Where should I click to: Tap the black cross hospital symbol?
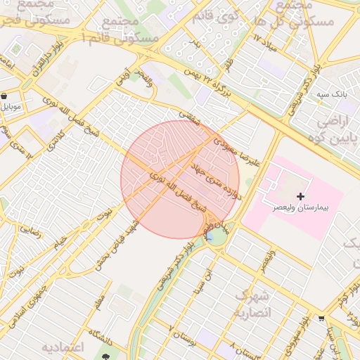[x=302, y=196]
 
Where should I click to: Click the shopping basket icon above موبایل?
[x=5, y=96]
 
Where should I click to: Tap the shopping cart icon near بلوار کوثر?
[x=321, y=317]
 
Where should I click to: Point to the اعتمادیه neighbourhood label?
[x=63, y=347]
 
